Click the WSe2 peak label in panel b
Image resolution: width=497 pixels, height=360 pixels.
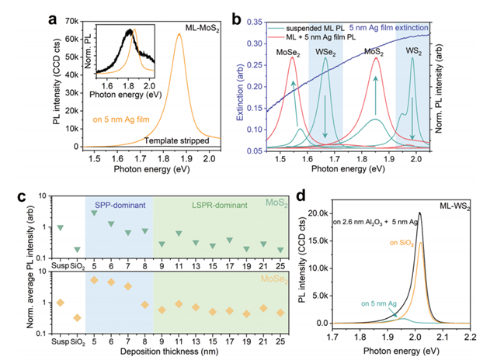[x=326, y=51]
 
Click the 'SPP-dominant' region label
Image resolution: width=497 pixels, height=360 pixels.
[x=119, y=204]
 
